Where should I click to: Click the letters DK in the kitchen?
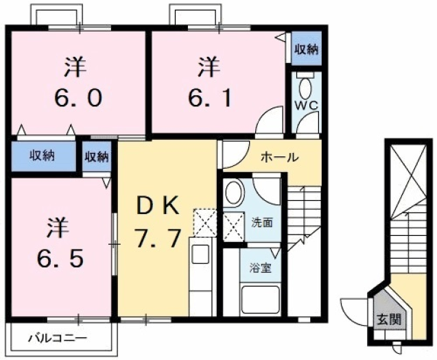pos(157,204)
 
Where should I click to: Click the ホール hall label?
pos(279,157)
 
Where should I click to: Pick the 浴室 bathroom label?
pos(260,267)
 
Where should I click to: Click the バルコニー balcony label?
pos(58,339)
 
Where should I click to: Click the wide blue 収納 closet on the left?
pos(43,156)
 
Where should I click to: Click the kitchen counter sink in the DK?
pos(200,254)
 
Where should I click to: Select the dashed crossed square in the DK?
pos(204,221)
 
